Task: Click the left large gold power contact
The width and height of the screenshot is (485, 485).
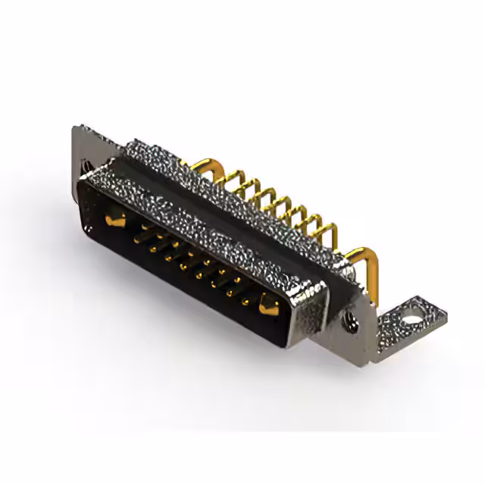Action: tap(115, 221)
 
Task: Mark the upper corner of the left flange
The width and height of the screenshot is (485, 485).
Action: tap(76, 130)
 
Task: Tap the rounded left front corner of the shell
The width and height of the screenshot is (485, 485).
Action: tap(82, 182)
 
